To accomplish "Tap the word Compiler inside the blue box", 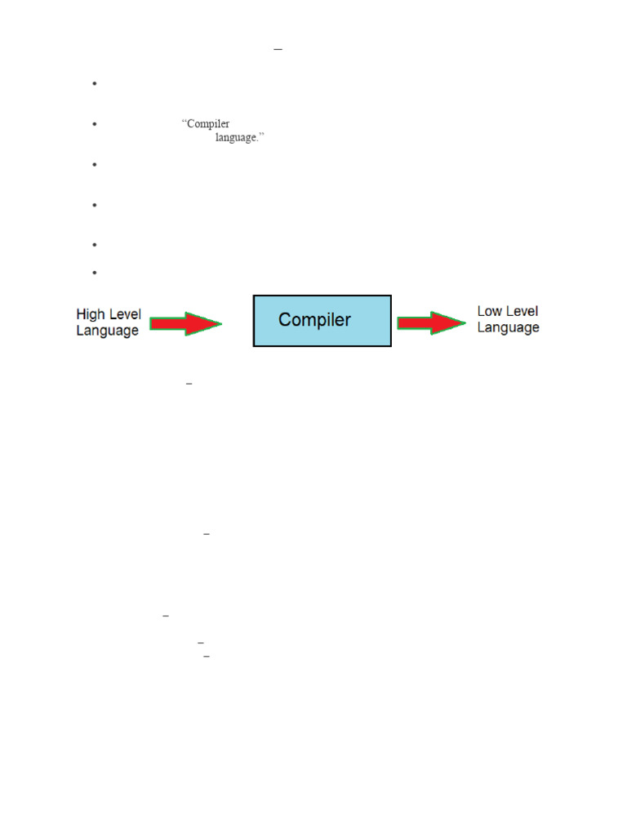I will point(314,320).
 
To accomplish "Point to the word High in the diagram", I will point(90,314).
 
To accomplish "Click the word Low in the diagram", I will point(488,311).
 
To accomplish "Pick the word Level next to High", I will point(123,314).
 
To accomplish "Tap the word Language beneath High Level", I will point(107,331).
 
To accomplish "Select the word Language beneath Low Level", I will point(508,327).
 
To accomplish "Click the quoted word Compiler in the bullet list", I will point(207,124).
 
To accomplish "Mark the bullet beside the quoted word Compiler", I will point(95,124).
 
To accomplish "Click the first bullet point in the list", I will point(95,83).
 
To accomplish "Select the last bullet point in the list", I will point(95,272).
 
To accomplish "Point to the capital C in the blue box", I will point(286,320).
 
